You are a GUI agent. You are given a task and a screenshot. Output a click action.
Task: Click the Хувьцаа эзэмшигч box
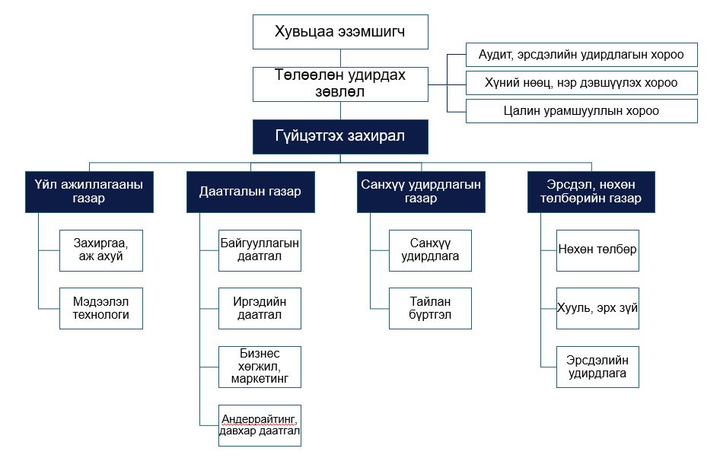click(340, 32)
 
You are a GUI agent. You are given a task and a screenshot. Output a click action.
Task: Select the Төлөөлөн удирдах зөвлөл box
click(340, 84)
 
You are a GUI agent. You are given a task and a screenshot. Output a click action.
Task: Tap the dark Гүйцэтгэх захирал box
click(340, 137)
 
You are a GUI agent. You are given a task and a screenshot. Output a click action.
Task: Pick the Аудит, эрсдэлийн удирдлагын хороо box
click(581, 55)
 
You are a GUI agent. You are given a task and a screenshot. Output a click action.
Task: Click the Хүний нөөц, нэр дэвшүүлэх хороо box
click(581, 83)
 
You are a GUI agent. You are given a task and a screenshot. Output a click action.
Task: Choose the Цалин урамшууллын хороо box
click(581, 111)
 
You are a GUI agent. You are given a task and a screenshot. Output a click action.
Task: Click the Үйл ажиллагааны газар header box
click(89, 192)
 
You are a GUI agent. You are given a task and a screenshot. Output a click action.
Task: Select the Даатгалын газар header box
click(250, 192)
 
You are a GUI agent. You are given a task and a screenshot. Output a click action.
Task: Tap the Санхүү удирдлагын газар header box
click(421, 192)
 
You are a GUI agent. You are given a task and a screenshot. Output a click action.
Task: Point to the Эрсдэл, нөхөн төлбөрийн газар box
click(591, 192)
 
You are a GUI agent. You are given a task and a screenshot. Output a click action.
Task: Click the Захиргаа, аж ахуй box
click(101, 251)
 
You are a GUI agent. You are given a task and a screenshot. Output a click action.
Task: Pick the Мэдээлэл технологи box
click(101, 309)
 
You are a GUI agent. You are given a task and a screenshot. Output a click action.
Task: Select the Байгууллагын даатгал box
click(260, 251)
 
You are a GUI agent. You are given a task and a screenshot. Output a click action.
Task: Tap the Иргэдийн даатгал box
click(260, 309)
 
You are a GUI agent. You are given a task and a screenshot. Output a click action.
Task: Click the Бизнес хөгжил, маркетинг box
click(260, 367)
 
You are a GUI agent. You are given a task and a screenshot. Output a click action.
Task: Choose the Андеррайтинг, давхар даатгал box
click(260, 426)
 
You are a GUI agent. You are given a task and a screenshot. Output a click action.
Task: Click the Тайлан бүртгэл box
click(430, 309)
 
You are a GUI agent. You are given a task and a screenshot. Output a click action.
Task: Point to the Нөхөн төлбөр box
click(598, 251)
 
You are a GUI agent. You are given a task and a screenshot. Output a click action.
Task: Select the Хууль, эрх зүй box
click(598, 309)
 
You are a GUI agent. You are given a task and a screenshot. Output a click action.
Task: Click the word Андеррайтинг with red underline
click(259, 419)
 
